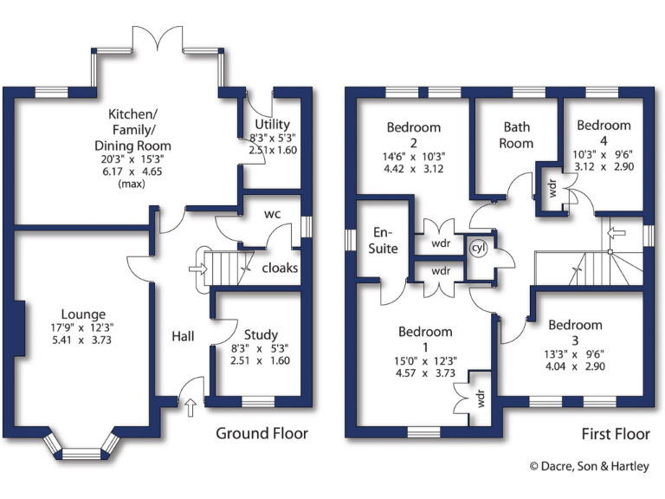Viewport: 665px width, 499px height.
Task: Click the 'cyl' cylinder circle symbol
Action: click(477, 248)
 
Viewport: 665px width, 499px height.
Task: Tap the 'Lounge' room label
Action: click(83, 314)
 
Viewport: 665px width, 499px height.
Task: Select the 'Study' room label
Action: click(261, 334)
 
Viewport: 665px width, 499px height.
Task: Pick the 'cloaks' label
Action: click(280, 268)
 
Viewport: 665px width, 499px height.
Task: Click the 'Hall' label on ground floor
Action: click(183, 336)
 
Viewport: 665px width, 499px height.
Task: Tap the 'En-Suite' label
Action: click(385, 241)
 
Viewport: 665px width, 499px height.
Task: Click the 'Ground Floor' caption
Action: click(261, 433)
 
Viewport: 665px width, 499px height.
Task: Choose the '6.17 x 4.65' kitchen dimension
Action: click(133, 172)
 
